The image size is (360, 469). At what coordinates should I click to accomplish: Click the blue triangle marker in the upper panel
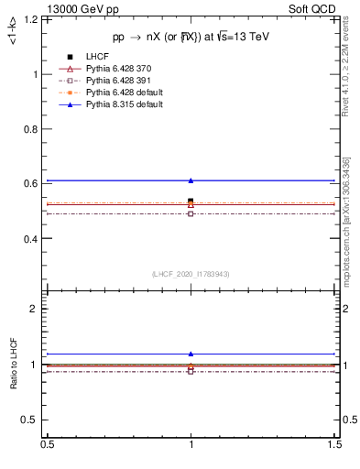tap(191, 180)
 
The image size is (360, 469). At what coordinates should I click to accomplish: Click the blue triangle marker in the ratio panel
tap(191, 354)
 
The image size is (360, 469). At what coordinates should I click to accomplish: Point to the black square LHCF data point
tap(191, 201)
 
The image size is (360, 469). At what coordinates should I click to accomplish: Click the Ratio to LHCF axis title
tap(15, 365)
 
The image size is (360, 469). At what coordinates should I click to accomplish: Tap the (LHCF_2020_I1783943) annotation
tap(191, 273)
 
